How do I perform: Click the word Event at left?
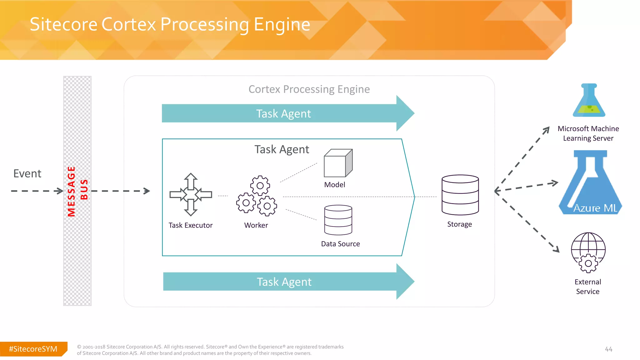[x=27, y=173]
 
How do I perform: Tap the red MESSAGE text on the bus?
[x=72, y=191]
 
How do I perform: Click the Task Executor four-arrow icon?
[x=191, y=195]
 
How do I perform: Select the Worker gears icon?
[x=257, y=196]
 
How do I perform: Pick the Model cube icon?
[x=338, y=163]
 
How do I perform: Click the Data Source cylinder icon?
[x=338, y=220]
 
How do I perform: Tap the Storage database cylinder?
[x=460, y=195]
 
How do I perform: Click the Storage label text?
[x=459, y=224]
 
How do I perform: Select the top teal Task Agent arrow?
[x=284, y=113]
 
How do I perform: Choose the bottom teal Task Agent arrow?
[x=284, y=282]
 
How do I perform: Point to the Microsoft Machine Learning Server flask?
[x=589, y=101]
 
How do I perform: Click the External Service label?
[x=587, y=287]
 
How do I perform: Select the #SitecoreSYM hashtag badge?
[x=33, y=349]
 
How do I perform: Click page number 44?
[x=608, y=349]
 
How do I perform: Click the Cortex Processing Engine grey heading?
[x=309, y=89]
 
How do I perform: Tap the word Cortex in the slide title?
[x=128, y=24]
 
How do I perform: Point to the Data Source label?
[x=340, y=244]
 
